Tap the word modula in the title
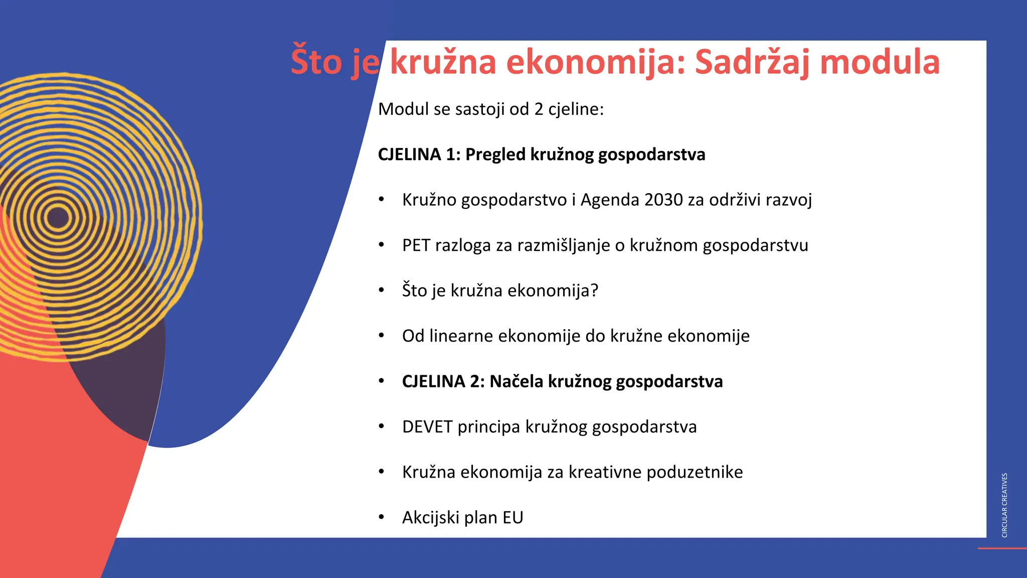point(880,62)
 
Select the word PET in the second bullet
point(416,245)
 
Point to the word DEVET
point(427,427)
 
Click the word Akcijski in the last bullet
point(431,518)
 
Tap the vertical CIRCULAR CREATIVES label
point(1004,505)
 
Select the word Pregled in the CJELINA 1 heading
point(495,155)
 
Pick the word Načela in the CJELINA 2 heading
point(516,382)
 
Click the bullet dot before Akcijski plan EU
point(382,517)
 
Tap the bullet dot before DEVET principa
point(382,426)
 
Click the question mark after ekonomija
point(594,291)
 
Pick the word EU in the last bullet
point(513,518)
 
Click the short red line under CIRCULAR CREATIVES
point(1002,548)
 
